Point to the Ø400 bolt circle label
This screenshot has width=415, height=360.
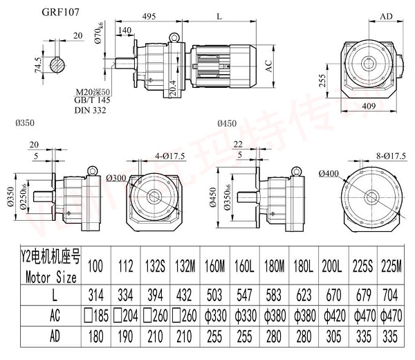330,172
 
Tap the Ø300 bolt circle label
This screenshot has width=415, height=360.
117,178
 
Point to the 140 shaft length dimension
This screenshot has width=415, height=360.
125,31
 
